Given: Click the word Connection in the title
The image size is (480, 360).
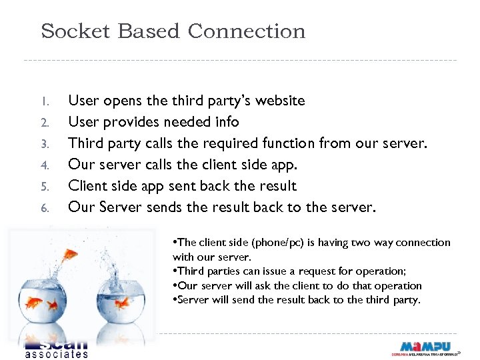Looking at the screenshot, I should click(247, 31).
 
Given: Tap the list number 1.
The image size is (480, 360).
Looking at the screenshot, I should click(43, 102).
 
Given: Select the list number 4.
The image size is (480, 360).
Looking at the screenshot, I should click(43, 165).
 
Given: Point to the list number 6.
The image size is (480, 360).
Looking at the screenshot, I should click(43, 208).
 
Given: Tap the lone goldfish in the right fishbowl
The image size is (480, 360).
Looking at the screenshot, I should click(123, 304).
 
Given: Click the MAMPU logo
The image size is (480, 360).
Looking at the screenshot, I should click(425, 347).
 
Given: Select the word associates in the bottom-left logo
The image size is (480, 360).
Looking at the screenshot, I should click(56, 354).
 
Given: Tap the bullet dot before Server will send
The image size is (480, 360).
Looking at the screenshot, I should click(175, 300).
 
